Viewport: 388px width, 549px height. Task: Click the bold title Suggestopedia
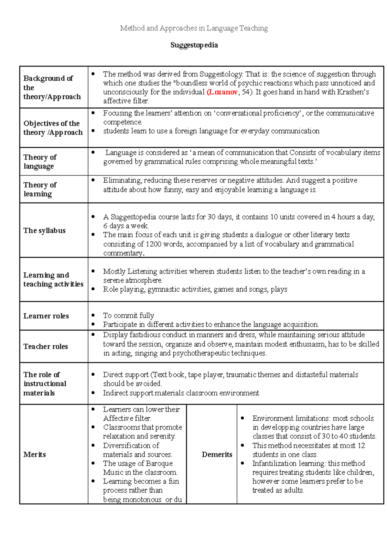(x=194, y=45)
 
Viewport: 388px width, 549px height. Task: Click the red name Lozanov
(x=223, y=92)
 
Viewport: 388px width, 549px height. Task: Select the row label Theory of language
(x=40, y=162)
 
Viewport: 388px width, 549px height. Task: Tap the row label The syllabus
(x=44, y=231)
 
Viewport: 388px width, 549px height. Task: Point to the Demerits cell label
(x=217, y=455)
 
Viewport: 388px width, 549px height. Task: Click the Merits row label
(x=35, y=455)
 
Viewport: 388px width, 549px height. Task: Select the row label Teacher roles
(x=46, y=347)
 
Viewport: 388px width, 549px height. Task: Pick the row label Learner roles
(x=46, y=316)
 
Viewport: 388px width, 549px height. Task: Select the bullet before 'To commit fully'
(x=93, y=315)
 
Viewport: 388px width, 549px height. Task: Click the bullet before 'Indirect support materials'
(x=93, y=393)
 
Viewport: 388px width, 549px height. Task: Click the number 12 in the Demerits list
(x=361, y=446)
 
